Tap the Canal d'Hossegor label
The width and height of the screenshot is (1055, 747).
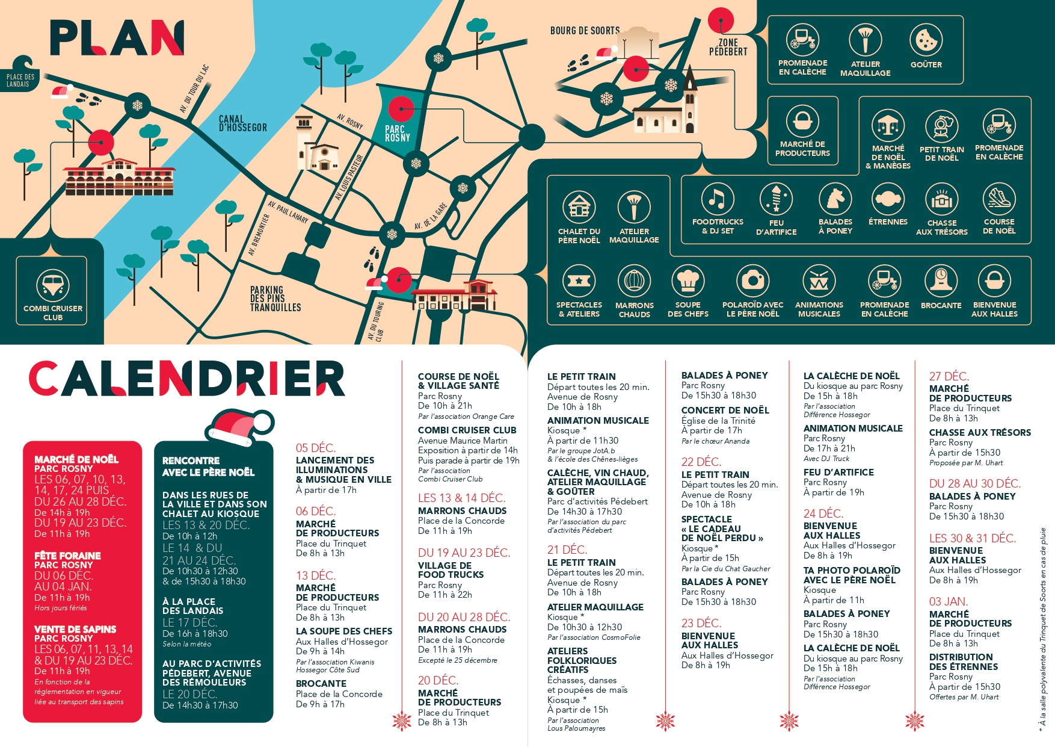[x=242, y=123]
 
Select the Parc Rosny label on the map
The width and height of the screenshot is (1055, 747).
[x=397, y=133]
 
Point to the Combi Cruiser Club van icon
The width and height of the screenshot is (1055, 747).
[x=53, y=285]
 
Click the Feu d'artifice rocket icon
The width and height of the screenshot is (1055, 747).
[x=776, y=199]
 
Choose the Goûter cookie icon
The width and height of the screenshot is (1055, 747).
[x=926, y=40]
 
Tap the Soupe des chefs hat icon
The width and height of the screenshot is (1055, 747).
[x=687, y=281]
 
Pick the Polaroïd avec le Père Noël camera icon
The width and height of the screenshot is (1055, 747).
[x=752, y=281]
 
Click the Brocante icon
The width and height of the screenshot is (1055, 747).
[x=941, y=281]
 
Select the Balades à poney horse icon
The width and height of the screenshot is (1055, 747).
[x=835, y=199]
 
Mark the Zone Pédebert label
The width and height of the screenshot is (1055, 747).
[x=728, y=47]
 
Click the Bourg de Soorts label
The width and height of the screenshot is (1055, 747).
[x=585, y=30]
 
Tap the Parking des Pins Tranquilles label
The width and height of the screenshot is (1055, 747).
[x=275, y=299]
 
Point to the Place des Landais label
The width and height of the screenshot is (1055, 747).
[x=20, y=80]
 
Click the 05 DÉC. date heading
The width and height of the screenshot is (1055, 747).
[x=316, y=448]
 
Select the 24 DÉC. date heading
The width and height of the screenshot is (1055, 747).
[x=823, y=513]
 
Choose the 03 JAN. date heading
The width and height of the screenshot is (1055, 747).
[x=948, y=601]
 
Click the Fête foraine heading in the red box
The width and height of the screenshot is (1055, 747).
[x=67, y=556]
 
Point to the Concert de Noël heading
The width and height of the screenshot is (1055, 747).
[x=725, y=410]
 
